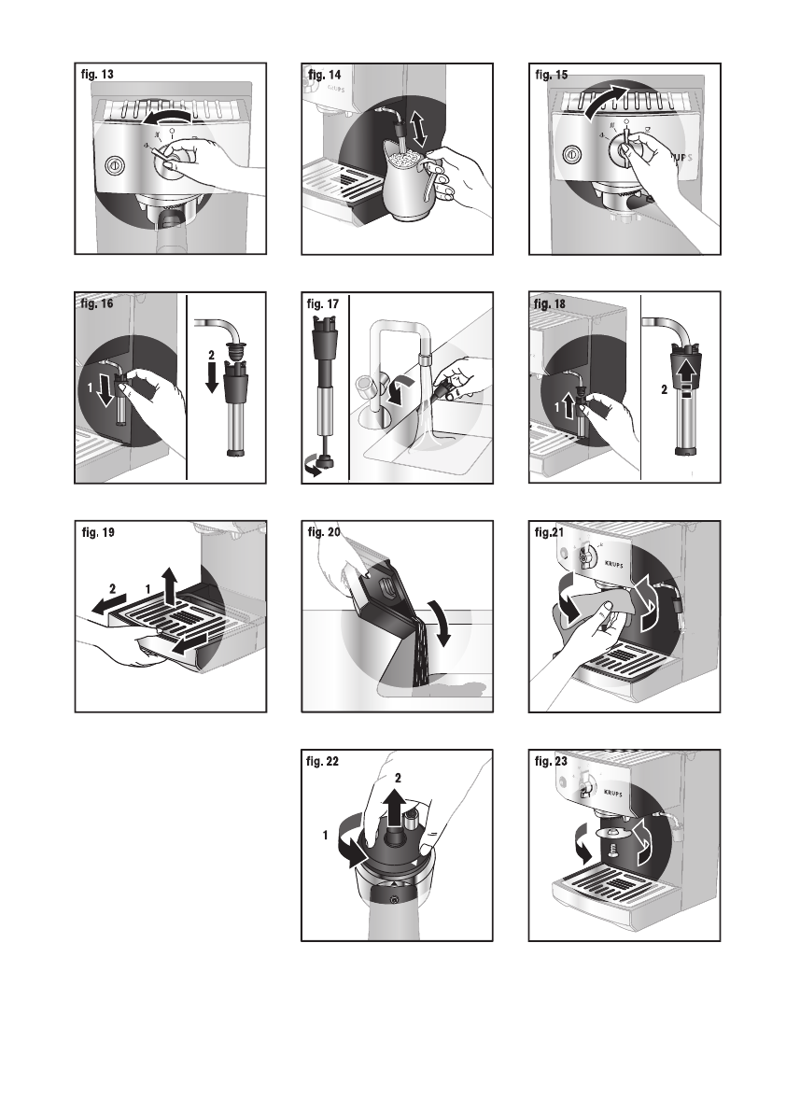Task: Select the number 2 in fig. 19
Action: (112, 590)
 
